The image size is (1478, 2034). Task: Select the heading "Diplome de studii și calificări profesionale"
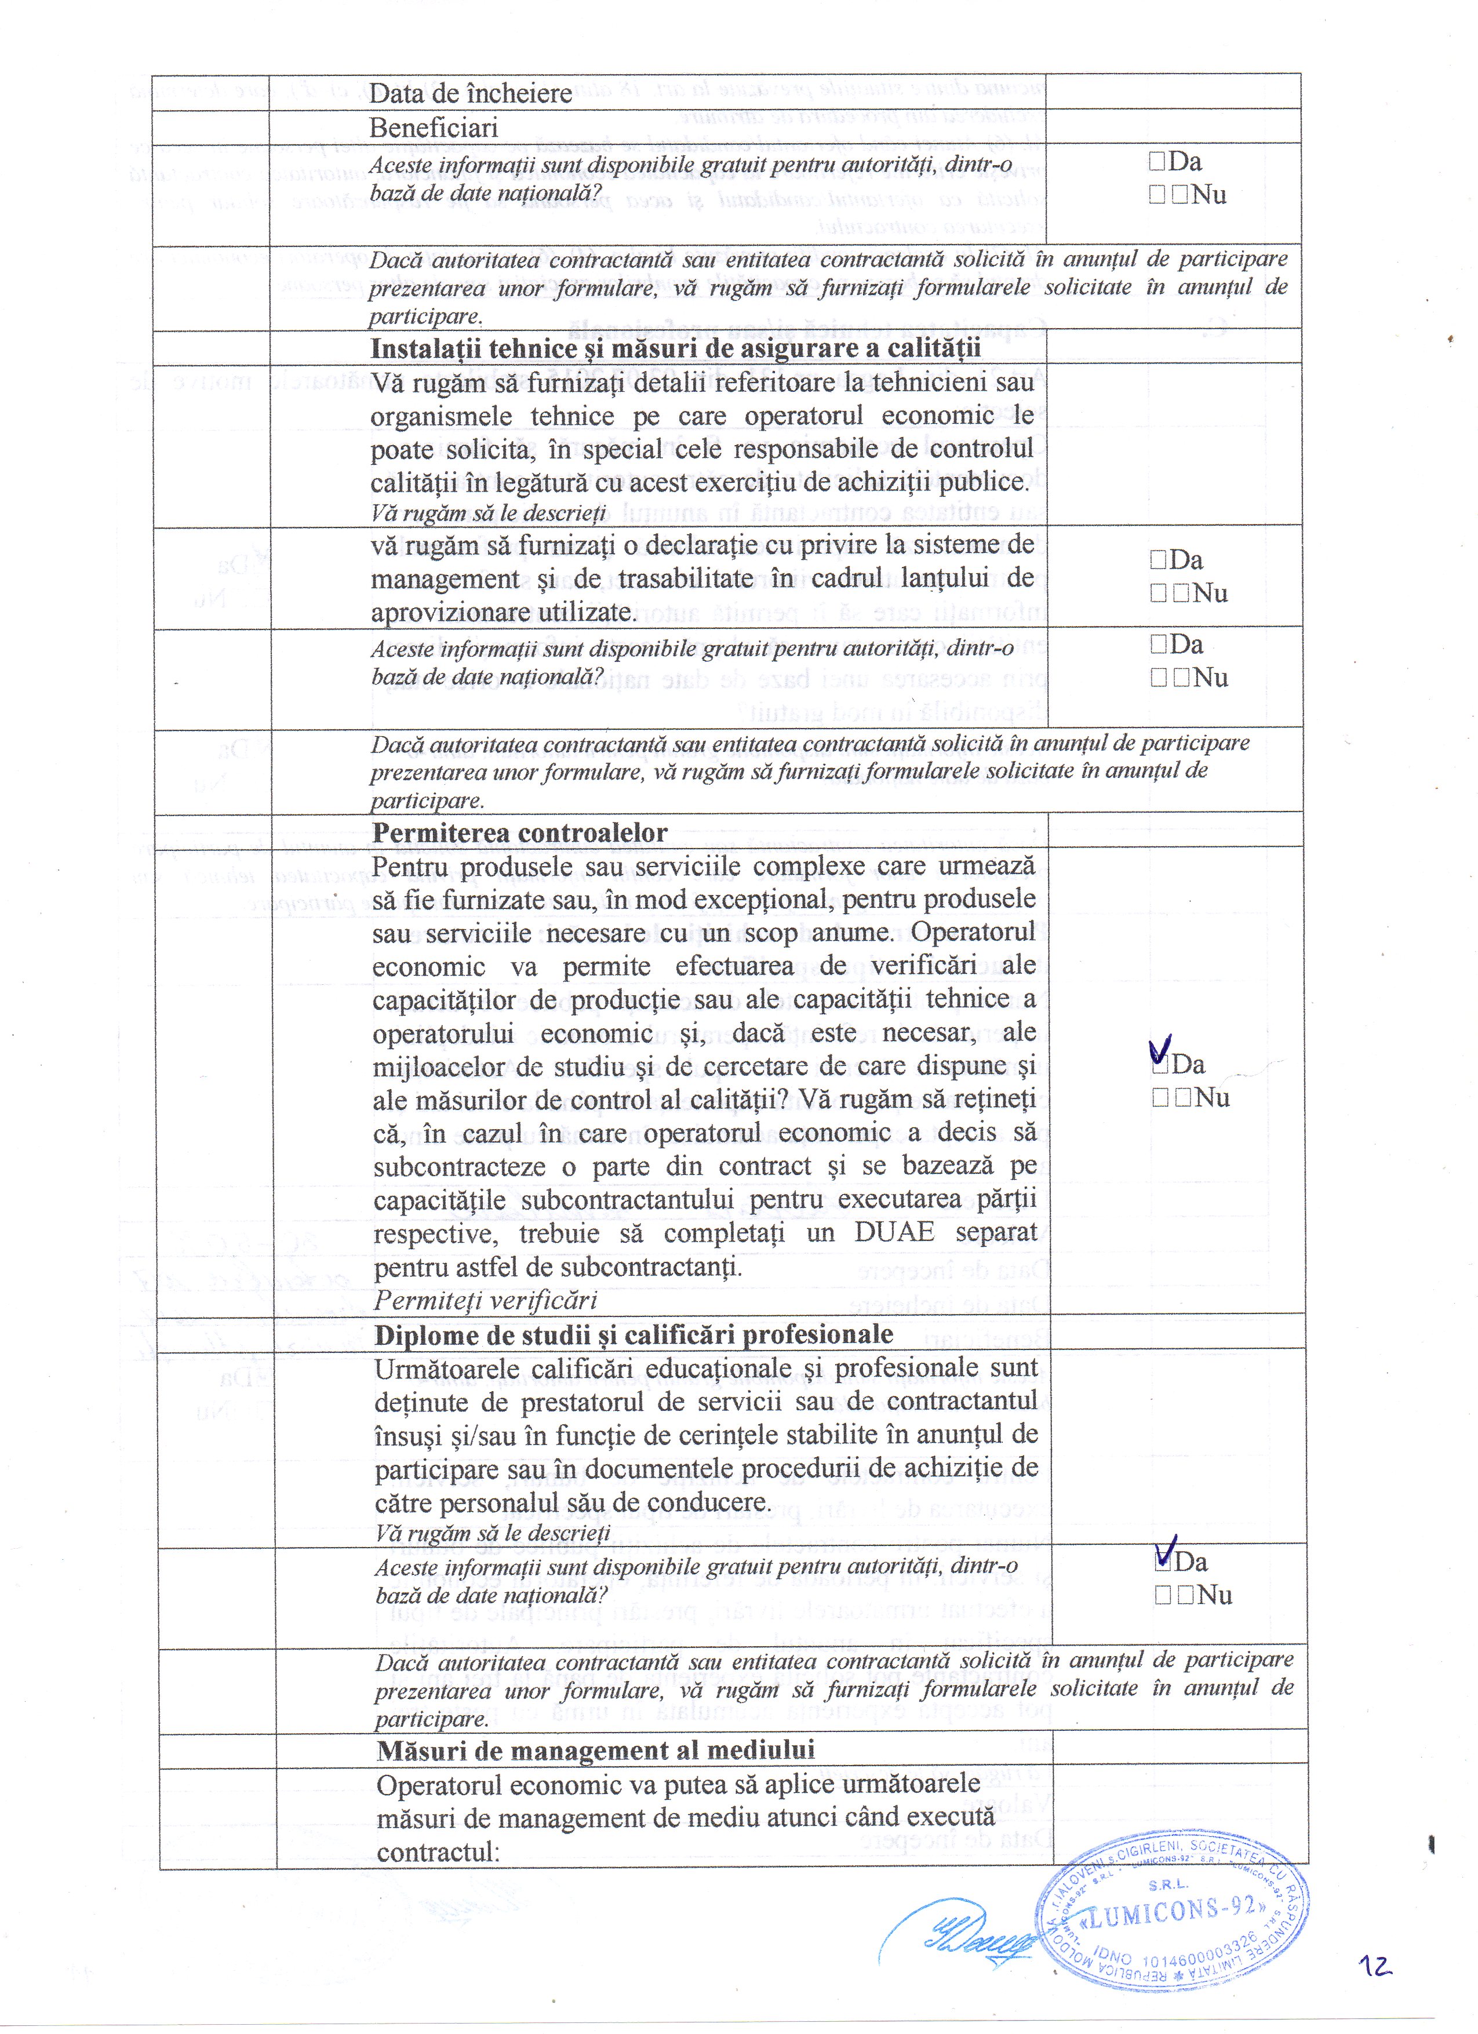[x=633, y=1334]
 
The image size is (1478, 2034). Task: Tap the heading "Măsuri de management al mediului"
[x=595, y=1750]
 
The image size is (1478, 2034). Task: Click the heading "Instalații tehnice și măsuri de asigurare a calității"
[x=675, y=348]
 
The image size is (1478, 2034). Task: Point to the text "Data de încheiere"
[x=470, y=93]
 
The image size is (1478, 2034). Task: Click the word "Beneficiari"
[x=433, y=128]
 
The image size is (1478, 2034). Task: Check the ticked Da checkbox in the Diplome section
[x=1163, y=1562]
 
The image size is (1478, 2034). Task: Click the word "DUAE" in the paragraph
[x=894, y=1232]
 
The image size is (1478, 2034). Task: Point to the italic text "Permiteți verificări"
[x=485, y=1300]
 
